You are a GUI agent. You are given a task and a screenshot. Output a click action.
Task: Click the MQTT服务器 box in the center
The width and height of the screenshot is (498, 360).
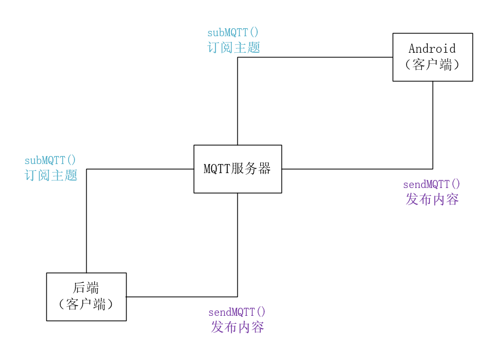237,169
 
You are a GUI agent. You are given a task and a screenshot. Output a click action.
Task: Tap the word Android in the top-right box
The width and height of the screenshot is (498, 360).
432,48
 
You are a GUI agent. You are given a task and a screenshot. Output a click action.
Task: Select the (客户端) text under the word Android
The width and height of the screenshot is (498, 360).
432,65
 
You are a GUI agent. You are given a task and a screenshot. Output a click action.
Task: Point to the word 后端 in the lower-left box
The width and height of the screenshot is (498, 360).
86,288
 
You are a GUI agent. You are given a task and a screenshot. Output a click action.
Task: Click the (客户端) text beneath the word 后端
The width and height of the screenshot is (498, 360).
86,305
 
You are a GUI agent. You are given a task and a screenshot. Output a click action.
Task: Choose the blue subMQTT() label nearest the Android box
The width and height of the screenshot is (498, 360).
233,32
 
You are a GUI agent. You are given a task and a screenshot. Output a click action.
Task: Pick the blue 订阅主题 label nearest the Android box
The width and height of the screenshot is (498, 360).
234,47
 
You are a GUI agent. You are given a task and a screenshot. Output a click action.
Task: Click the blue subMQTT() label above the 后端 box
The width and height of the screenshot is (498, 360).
51,160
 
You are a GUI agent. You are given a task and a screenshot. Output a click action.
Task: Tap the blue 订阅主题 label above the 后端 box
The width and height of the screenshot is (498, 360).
51,175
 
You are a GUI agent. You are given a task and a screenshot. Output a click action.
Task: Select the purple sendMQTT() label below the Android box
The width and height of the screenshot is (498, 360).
431,184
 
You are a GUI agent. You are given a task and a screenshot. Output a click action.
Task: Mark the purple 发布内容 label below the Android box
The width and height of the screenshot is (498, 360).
432,199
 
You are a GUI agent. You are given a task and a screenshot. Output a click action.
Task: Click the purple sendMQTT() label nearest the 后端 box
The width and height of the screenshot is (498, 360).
237,312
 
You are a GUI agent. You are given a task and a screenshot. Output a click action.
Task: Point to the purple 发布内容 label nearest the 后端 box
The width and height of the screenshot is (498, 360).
237,327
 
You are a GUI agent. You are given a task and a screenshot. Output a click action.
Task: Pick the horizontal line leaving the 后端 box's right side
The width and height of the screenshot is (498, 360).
181,297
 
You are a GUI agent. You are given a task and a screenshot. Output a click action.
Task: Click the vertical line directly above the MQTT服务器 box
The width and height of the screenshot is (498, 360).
237,101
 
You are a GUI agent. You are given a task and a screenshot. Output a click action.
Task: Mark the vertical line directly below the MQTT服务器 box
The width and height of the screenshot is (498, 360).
237,245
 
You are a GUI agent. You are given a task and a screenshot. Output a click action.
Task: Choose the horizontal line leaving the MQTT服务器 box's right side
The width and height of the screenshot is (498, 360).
356,169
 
